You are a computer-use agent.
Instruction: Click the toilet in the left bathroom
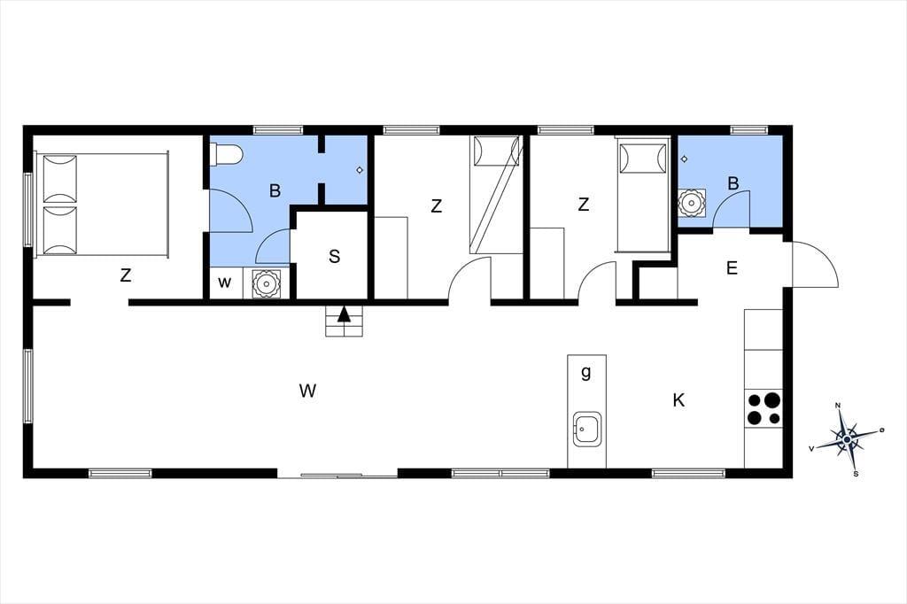226,154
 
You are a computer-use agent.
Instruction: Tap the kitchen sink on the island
587,430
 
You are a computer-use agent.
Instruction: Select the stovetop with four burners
764,408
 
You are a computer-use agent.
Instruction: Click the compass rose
847,439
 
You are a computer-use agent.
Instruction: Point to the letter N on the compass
838,406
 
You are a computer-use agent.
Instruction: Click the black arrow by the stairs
345,314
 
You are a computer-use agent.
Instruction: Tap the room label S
334,256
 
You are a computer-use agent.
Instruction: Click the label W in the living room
307,391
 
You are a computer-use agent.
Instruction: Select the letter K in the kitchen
678,399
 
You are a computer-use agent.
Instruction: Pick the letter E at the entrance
732,267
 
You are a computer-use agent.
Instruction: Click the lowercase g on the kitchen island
586,373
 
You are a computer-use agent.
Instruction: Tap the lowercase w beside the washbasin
224,283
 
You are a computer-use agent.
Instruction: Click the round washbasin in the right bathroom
692,203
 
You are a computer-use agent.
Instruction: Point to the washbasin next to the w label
266,283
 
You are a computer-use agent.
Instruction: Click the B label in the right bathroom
733,183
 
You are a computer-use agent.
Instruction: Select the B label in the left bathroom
275,190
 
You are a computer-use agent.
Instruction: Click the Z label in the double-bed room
126,275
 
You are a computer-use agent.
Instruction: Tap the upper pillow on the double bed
60,178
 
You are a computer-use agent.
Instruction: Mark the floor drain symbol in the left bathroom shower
360,170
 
